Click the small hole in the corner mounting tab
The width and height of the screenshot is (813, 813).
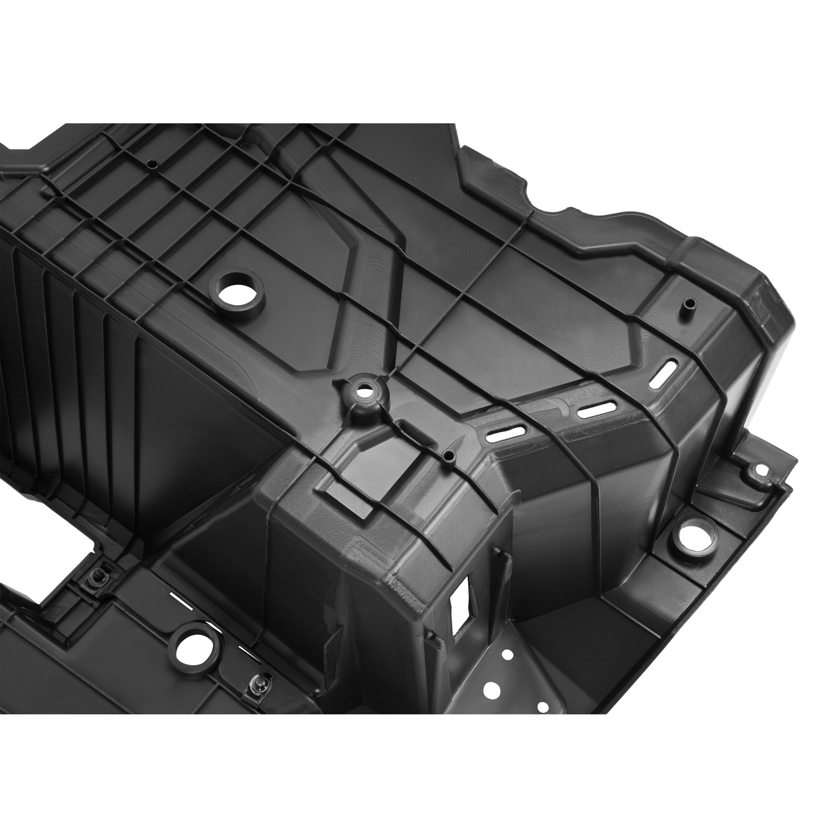pyautogui.click(x=760, y=470)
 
